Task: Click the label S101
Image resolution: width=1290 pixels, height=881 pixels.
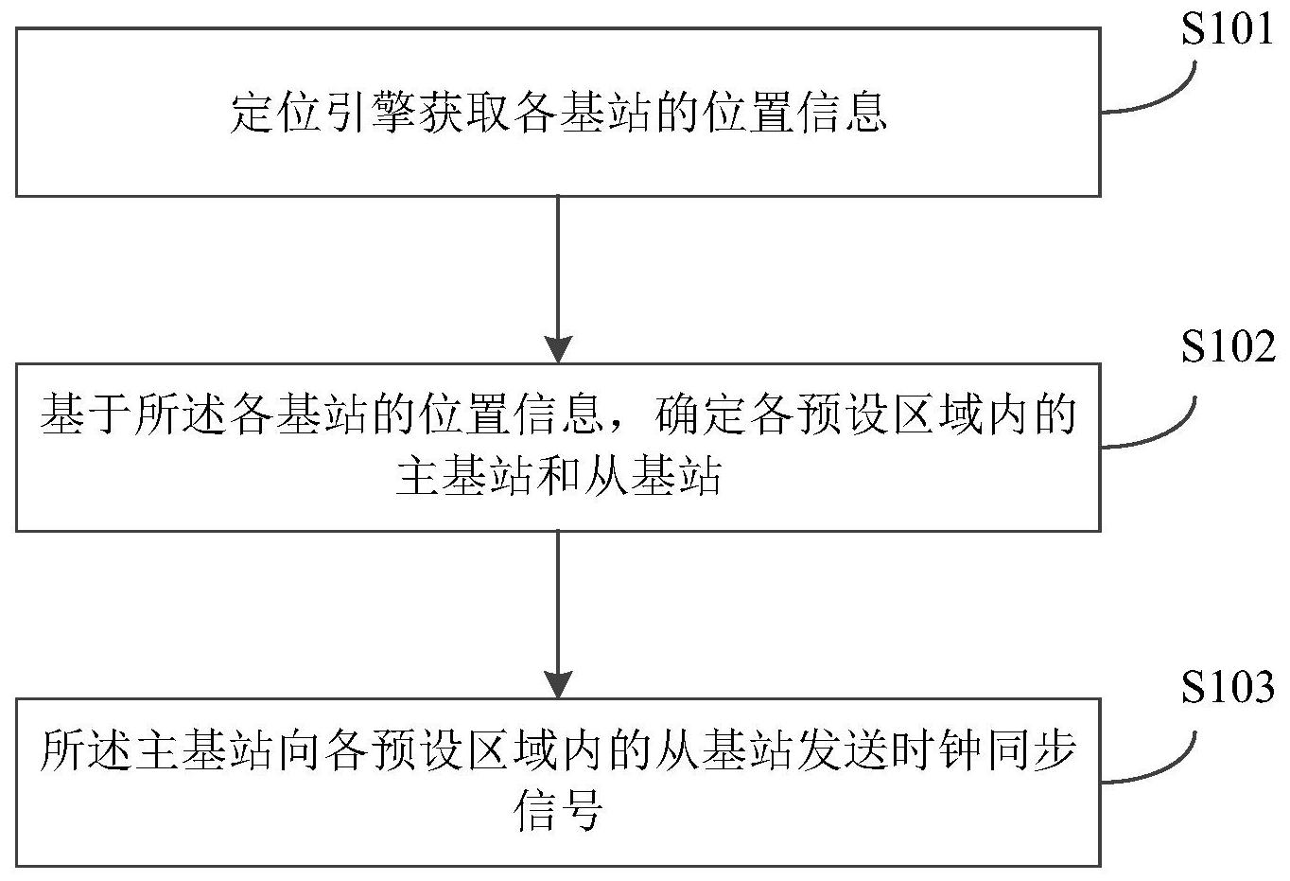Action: [x=1228, y=31]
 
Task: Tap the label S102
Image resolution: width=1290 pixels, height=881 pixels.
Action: [x=1228, y=348]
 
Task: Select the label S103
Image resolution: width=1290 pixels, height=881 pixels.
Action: [x=1228, y=688]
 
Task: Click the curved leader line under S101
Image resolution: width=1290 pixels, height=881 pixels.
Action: [x=1159, y=95]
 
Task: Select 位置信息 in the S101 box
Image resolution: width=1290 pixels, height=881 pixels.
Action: [x=794, y=114]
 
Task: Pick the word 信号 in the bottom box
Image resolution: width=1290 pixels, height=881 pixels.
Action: [x=559, y=812]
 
